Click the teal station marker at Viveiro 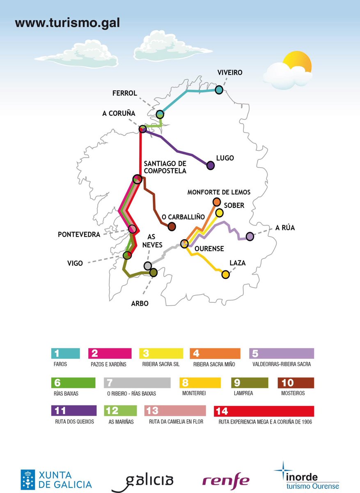pyautogui.click(x=219, y=90)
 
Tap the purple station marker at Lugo pyautogui.click(x=211, y=165)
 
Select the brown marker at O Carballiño pyautogui.click(x=172, y=226)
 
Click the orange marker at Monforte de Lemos pyautogui.click(x=217, y=201)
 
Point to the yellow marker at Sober pyautogui.click(x=220, y=212)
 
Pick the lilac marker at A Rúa pyautogui.click(x=250, y=236)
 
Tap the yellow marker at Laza pyautogui.click(x=225, y=274)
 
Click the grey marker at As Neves pyautogui.click(x=148, y=266)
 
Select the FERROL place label pyautogui.click(x=124, y=93)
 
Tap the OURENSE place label pyautogui.click(x=209, y=249)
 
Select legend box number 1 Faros pyautogui.click(x=65, y=353)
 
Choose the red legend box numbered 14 pyautogui.click(x=264, y=411)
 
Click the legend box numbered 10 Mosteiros pyautogui.click(x=296, y=382)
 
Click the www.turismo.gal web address pyautogui.click(x=67, y=23)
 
